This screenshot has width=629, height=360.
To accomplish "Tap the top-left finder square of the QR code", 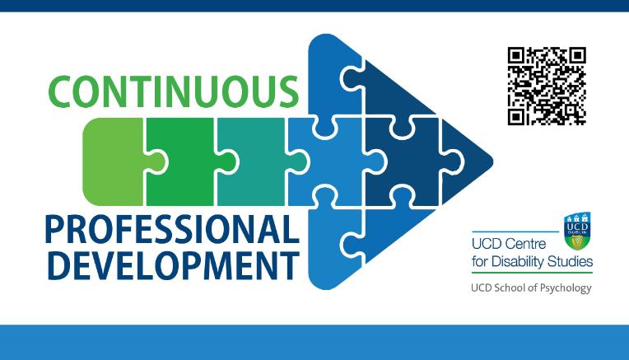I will click(516, 57).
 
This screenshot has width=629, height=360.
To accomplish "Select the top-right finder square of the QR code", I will click(576, 57).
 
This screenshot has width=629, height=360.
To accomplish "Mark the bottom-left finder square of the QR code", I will click(516, 116).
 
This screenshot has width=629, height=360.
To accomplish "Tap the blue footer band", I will click(314, 341).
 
